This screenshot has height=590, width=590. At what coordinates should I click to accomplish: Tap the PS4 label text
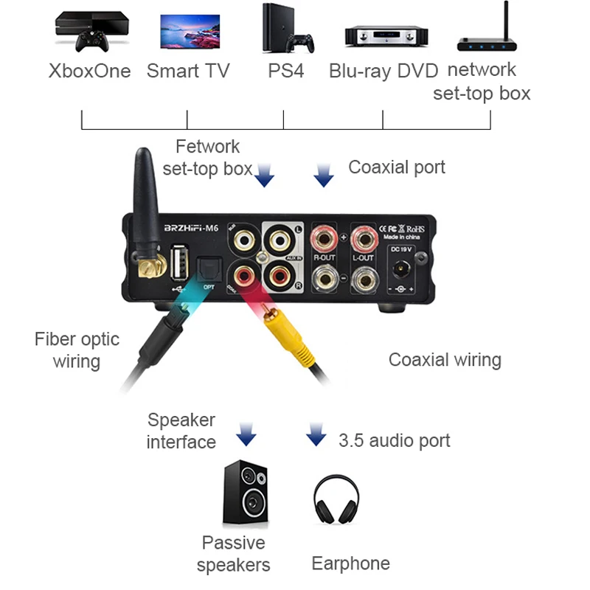tap(285, 72)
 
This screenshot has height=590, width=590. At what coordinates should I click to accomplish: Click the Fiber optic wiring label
tap(77, 350)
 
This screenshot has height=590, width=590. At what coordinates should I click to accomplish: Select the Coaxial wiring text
tap(445, 360)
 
